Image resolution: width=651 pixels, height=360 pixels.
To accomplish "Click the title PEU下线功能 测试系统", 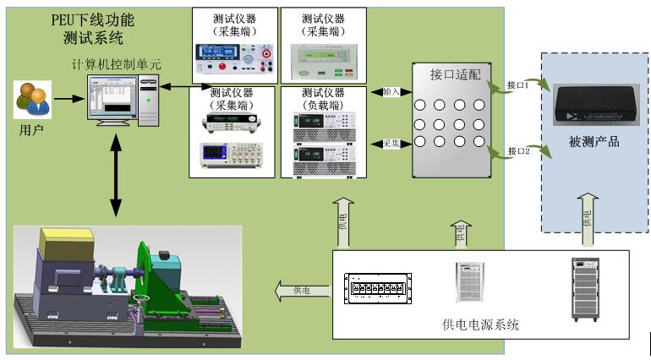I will point(93,27).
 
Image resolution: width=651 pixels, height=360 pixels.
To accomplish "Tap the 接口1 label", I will point(517,85).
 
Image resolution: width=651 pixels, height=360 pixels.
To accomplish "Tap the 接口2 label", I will point(517,150).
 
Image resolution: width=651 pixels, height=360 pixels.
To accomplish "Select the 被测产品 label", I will point(594,141).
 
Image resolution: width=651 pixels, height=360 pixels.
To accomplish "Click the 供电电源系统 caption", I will point(480,325).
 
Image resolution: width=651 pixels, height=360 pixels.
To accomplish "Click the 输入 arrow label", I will point(391,91).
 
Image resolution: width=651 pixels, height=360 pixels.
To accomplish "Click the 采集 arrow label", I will point(391,143).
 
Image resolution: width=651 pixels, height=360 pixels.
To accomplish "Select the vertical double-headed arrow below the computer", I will point(117,175).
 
